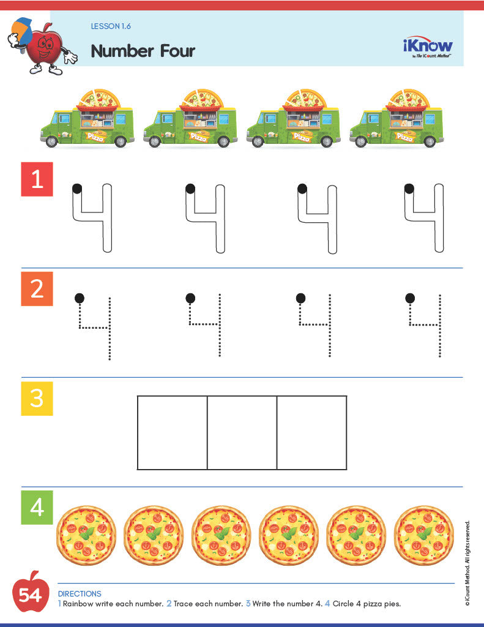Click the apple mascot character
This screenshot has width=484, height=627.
pyautogui.click(x=42, y=49)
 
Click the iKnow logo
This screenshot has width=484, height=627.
pyautogui.click(x=428, y=47)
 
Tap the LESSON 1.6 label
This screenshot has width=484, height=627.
pyautogui.click(x=110, y=26)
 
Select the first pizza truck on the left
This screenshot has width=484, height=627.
pyautogui.click(x=87, y=119)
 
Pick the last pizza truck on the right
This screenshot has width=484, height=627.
pyautogui.click(x=397, y=119)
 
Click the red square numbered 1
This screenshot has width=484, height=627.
pyautogui.click(x=37, y=179)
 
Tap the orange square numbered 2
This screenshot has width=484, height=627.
pyautogui.click(x=37, y=288)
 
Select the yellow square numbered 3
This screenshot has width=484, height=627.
pyautogui.click(x=37, y=398)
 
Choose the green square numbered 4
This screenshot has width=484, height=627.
pyautogui.click(x=37, y=508)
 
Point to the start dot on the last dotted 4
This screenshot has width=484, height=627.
pyautogui.click(x=410, y=298)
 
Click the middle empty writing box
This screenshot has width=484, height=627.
pyautogui.click(x=242, y=432)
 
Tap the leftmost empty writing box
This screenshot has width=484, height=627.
pyautogui.click(x=172, y=432)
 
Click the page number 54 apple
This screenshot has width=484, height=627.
pyautogui.click(x=29, y=593)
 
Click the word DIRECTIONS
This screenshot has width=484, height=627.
pyautogui.click(x=80, y=593)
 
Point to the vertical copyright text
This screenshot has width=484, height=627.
pyautogui.click(x=467, y=563)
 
